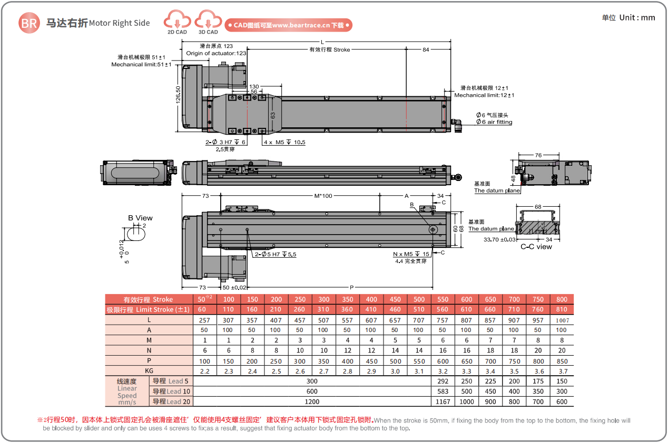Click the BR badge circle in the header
point(30,23)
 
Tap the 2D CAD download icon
point(177,22)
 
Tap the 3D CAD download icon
point(208,22)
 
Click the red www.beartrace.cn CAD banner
point(288,25)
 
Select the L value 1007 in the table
point(562,320)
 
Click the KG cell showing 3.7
point(562,371)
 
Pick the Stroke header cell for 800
point(562,299)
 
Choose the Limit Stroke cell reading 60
point(202,309)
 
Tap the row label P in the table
point(149,361)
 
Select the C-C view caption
point(536,246)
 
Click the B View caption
point(140,218)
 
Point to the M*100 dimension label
point(323,196)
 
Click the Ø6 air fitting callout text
point(494,122)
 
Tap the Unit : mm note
point(628,17)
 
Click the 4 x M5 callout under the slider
point(284,142)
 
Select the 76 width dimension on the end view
point(538,155)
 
